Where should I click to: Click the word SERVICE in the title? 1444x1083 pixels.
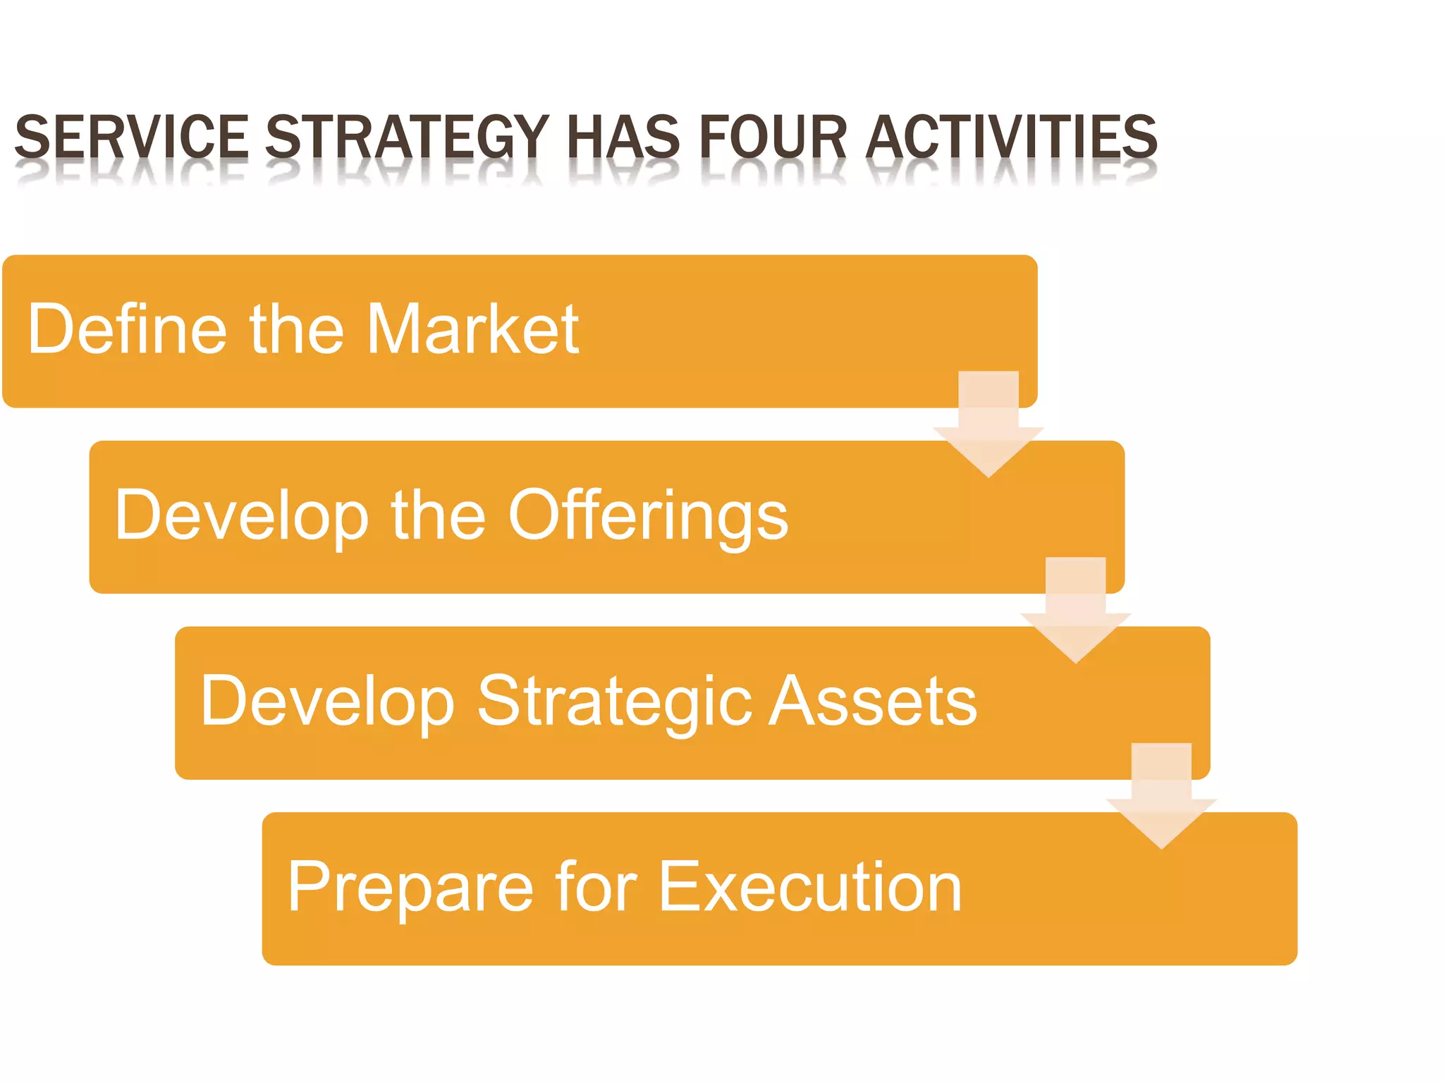coord(131,137)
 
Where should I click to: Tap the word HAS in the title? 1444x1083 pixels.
coord(623,137)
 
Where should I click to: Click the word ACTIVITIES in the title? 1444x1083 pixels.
coord(1011,137)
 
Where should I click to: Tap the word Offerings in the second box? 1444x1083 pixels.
coord(648,517)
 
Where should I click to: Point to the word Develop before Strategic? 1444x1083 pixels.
coord(327,702)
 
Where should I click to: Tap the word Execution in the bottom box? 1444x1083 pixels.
coord(811,887)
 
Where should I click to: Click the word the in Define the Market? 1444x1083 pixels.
coord(296,329)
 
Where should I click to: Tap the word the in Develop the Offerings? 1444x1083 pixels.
coord(438,515)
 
